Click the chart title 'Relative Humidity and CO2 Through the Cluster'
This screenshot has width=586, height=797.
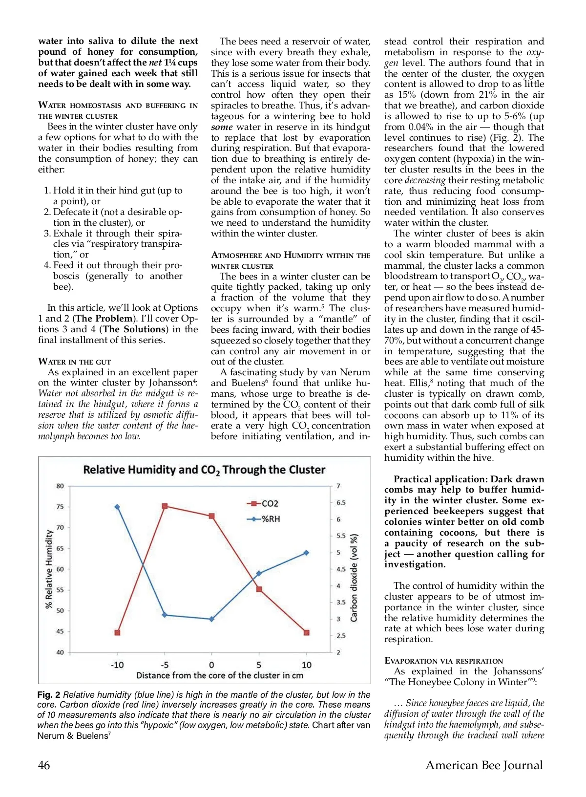(x=204, y=470)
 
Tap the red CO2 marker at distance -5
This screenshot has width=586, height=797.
(x=165, y=506)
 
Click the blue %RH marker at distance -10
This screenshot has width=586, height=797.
(x=117, y=507)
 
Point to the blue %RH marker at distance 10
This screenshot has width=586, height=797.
(x=307, y=553)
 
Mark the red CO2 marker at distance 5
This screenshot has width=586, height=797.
(x=259, y=589)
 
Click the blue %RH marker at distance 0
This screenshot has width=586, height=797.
(x=211, y=619)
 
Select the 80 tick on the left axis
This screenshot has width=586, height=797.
(x=60, y=486)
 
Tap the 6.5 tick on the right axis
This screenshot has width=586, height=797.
(x=341, y=502)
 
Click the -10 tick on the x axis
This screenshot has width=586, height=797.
(x=117, y=665)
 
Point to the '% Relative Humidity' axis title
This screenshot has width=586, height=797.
(x=49, y=569)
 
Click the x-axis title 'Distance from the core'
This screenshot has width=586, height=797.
(x=220, y=675)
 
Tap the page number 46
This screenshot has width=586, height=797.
(x=44, y=765)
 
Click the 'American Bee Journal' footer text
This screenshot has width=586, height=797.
(x=484, y=765)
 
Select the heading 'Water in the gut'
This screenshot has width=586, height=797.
(x=75, y=362)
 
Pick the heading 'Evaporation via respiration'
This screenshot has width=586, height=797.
(x=443, y=661)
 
